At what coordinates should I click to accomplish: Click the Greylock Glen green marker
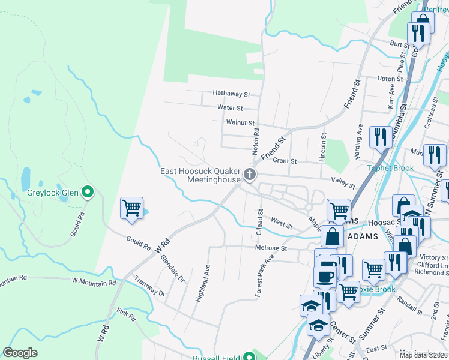pos(88,193)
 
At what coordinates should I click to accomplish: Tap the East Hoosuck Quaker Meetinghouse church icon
pos(250,175)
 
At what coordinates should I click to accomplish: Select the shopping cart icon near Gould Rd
pos(131,209)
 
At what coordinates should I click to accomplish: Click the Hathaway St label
pos(231,94)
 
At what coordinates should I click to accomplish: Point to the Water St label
pos(230,108)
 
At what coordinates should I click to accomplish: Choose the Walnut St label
pos(240,122)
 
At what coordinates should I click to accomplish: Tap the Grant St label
pos(285,161)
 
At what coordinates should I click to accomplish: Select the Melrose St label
pos(271,248)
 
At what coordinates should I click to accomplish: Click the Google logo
pos(20,353)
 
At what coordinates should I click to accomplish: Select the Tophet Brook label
pos(391,168)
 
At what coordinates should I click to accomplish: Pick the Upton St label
pos(390,79)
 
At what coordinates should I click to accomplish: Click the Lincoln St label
pos(322,148)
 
